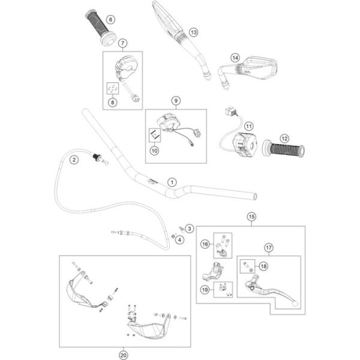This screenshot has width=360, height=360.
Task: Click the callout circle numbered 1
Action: point(172,182)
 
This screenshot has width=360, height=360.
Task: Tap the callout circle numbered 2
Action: point(74,160)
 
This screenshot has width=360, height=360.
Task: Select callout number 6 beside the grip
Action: point(110,20)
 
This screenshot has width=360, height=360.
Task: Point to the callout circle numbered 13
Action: point(194,32)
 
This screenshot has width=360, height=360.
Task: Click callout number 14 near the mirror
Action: point(235,58)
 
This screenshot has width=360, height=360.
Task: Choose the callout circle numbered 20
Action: point(123,355)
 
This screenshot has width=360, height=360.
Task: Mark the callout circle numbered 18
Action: point(263,266)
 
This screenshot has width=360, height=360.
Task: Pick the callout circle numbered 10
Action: point(154,151)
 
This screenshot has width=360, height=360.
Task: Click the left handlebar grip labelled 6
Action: point(101,27)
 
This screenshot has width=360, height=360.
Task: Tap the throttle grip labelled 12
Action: point(284,149)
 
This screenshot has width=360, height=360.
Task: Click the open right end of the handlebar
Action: point(254,197)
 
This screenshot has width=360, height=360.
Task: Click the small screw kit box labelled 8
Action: point(113,88)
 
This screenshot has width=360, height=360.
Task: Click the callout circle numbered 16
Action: point(205,244)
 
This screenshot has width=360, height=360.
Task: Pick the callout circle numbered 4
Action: point(179,240)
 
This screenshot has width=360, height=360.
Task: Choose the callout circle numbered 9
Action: point(176,101)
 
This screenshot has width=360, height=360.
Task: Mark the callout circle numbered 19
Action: point(205,290)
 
